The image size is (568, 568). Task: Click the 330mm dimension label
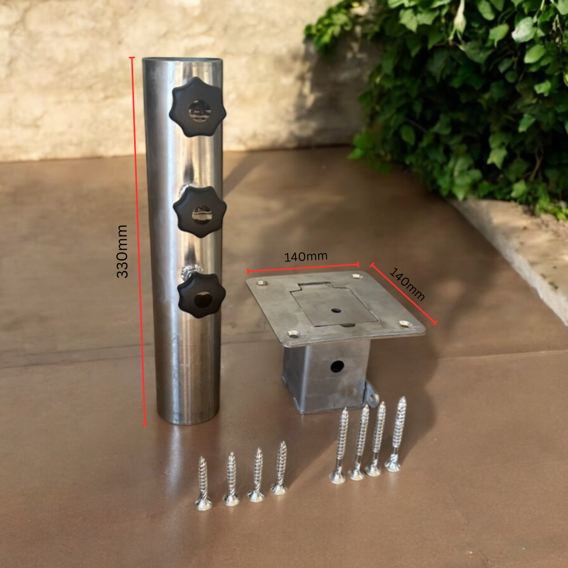[122, 251]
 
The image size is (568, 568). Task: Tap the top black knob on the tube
[197, 107]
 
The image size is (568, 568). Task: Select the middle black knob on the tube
[200, 211]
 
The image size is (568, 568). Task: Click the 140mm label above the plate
[306, 257]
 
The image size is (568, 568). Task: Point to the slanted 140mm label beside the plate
[407, 285]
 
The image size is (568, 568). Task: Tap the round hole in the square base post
[337, 367]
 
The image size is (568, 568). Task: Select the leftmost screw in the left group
[203, 483]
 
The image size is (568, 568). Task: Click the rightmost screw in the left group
[279, 468]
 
